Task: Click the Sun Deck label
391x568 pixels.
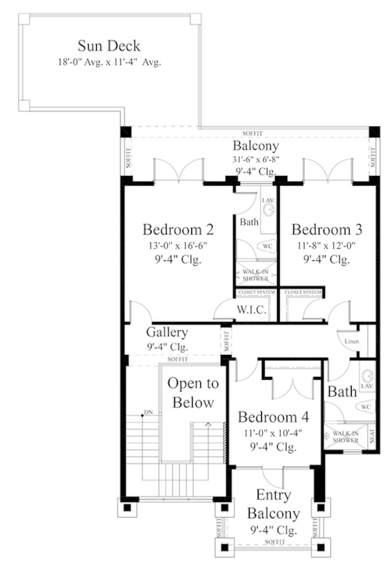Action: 109,46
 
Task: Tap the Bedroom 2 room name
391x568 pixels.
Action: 178,229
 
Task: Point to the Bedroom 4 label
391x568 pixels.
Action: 273,417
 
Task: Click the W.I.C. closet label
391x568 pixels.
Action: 251,309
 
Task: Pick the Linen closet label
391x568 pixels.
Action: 351,341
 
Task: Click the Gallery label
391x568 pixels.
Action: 167,332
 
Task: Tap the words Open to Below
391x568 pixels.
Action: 193,393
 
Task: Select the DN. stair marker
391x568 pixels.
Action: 149,412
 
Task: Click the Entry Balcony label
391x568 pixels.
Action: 273,504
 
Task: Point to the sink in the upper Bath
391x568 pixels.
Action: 269,210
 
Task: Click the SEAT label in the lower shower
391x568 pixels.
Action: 372,436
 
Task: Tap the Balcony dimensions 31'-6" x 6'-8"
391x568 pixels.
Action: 256,159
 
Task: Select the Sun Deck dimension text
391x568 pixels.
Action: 109,62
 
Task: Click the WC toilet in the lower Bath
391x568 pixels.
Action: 365,407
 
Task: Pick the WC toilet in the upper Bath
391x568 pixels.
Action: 267,246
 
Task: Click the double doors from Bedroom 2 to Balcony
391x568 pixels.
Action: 178,170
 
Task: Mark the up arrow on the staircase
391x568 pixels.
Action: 208,424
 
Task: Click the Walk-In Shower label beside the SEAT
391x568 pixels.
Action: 345,436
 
